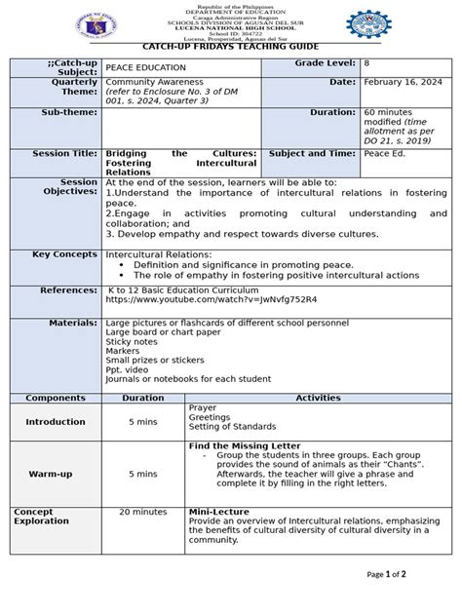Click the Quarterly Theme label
pos(69,90)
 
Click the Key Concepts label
pos(66,253)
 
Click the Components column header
pos(56,398)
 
